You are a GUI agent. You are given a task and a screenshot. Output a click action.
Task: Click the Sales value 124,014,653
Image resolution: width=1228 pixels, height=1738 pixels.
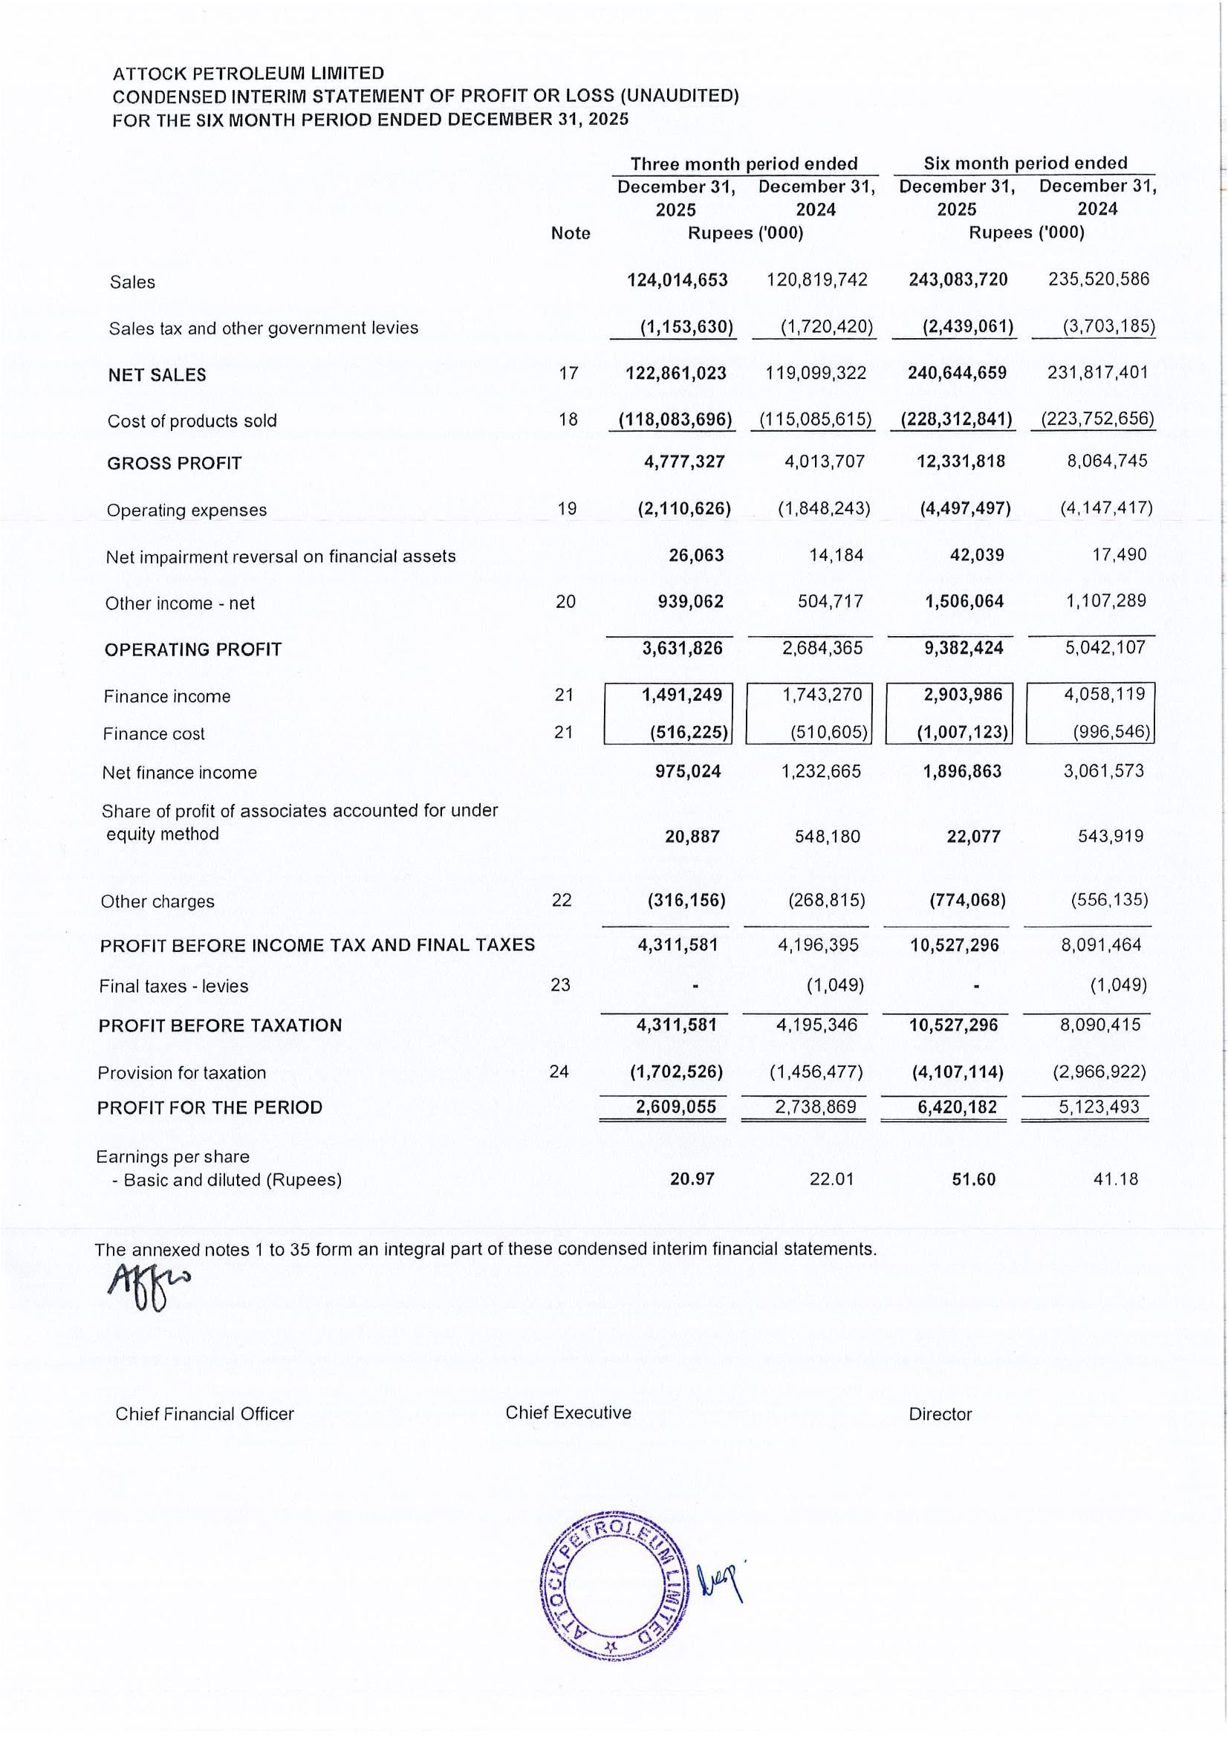click(x=678, y=280)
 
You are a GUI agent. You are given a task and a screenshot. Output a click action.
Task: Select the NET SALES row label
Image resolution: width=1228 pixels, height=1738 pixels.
click(x=157, y=374)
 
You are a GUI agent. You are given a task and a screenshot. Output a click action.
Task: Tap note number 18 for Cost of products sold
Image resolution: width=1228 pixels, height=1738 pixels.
click(x=568, y=419)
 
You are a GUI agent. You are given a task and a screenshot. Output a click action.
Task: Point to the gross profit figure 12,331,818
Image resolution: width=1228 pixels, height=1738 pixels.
click(x=961, y=461)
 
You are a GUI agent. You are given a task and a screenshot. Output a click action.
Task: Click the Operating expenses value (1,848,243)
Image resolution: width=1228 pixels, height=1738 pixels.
click(x=824, y=508)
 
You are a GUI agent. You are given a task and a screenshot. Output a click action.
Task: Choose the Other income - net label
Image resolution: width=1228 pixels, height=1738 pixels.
click(x=179, y=603)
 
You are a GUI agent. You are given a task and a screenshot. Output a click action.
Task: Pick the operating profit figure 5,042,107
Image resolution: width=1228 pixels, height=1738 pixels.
click(x=1105, y=647)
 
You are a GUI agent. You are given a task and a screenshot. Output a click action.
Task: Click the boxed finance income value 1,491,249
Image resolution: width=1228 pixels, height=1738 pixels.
click(x=682, y=694)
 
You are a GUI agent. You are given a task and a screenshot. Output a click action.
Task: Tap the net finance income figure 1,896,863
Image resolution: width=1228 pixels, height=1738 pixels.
click(x=963, y=771)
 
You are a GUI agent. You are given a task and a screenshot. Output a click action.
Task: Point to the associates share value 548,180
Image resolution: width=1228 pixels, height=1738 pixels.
click(x=827, y=837)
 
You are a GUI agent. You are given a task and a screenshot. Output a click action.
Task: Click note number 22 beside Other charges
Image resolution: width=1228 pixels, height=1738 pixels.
click(x=562, y=900)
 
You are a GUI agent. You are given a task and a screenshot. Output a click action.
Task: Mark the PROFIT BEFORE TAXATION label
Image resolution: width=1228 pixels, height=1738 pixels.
click(x=219, y=1025)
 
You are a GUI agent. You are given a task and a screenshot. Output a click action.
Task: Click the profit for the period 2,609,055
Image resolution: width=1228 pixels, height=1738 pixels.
click(x=676, y=1107)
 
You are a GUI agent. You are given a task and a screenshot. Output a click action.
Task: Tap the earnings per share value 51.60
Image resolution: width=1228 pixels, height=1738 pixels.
click(x=973, y=1179)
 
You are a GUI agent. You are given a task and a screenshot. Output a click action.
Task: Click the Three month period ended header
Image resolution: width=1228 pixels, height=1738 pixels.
click(x=744, y=163)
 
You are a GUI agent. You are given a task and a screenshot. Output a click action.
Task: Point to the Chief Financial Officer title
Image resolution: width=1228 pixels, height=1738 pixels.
click(x=204, y=1414)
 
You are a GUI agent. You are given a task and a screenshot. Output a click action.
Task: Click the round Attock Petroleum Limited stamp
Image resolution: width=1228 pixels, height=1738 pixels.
click(x=614, y=1585)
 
